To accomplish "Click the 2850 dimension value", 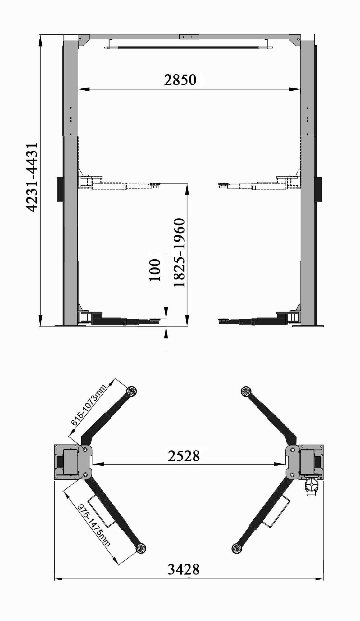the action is (x=180, y=80).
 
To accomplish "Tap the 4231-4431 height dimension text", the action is (x=32, y=177).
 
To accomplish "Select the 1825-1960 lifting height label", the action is (x=179, y=253).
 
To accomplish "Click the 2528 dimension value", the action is (x=184, y=456).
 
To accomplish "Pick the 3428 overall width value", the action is (x=184, y=569).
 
